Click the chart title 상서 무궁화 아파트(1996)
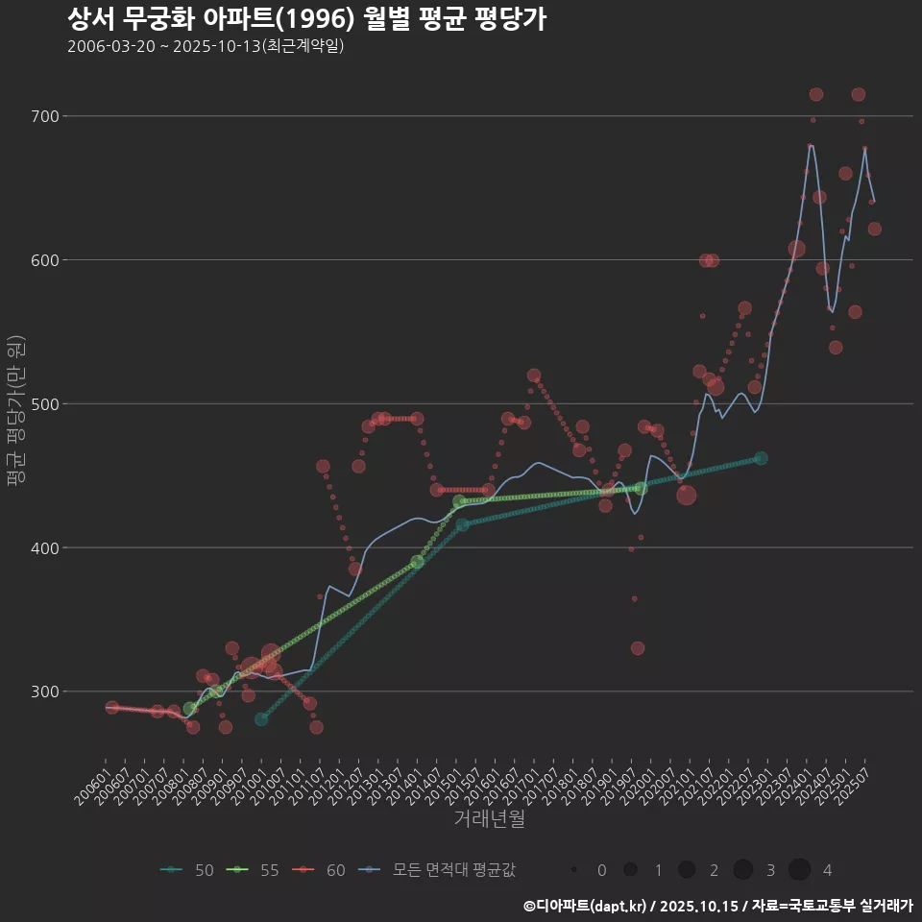click(307, 19)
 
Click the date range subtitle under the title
click(206, 46)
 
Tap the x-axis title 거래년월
click(490, 819)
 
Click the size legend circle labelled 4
click(799, 870)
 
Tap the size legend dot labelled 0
click(574, 870)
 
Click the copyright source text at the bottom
click(717, 905)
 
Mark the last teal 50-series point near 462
click(761, 458)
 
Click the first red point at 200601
click(112, 708)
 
